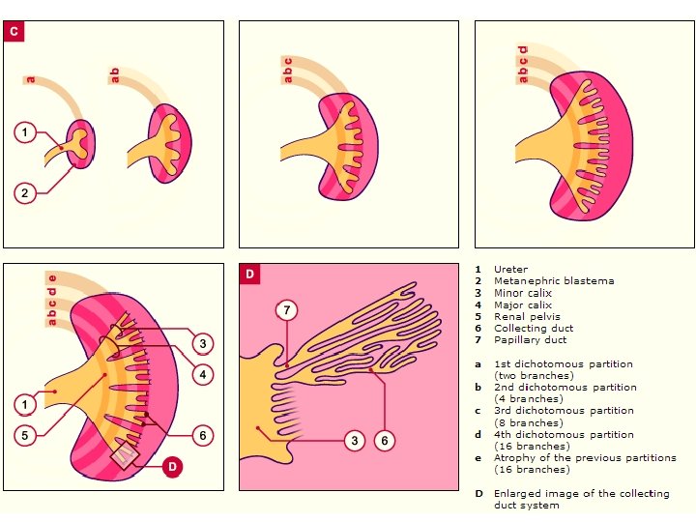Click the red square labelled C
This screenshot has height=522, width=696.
pos(14,32)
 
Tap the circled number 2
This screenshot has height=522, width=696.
pos(26,192)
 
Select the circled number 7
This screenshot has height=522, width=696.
pos(287,310)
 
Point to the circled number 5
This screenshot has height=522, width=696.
pos(26,435)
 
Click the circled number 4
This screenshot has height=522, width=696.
pos(202,374)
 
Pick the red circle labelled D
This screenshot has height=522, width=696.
pos(171,467)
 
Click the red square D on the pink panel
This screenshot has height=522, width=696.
pos(249,274)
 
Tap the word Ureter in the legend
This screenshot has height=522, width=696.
pos(510,270)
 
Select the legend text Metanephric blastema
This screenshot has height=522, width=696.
pos(553,281)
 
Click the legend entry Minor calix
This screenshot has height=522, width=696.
pos(523,293)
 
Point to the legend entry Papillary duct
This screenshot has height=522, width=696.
pos(530,339)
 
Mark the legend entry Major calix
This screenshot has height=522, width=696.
pos(523,304)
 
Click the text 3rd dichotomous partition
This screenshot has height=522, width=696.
pos(564,411)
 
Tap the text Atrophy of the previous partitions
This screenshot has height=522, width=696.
pos(585,458)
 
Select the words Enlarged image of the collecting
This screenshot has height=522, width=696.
pos(581,493)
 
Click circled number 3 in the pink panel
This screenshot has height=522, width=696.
pos(355,441)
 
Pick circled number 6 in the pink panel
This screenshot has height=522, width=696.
pos(385,441)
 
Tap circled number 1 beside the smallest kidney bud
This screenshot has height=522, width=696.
pos(26,131)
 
